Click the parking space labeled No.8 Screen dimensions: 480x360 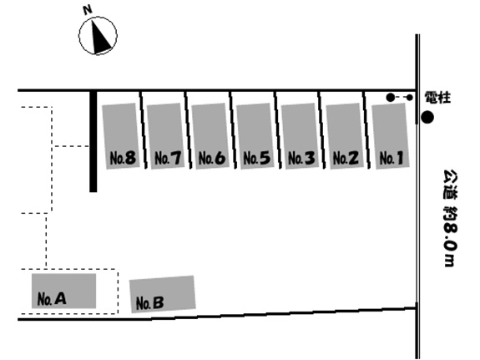pos(121,136)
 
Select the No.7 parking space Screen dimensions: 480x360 pos(165,135)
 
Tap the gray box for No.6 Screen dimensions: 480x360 pos(210,135)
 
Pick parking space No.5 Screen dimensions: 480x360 pos(255,135)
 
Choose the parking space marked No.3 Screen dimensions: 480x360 pos(300,135)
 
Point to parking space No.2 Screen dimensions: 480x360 pos(345,135)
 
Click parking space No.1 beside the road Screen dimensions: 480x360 pos(391,135)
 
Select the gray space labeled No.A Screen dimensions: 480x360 pos(63,291)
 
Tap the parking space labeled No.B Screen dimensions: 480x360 pos(162,294)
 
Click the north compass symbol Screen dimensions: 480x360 pos(98,36)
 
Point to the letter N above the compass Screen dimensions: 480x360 pos(88,10)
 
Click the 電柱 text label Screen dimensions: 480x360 pos(437,98)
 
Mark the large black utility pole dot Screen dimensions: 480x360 pos(427,117)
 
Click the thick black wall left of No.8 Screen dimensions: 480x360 pos(93,141)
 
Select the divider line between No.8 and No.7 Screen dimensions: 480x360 pos(144,130)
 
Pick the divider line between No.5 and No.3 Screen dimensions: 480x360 pos(278,130)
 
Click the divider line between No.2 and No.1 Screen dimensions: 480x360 pos(366,130)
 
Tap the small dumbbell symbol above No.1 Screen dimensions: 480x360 pos(400,98)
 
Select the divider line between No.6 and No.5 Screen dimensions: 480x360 pos(233,130)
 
